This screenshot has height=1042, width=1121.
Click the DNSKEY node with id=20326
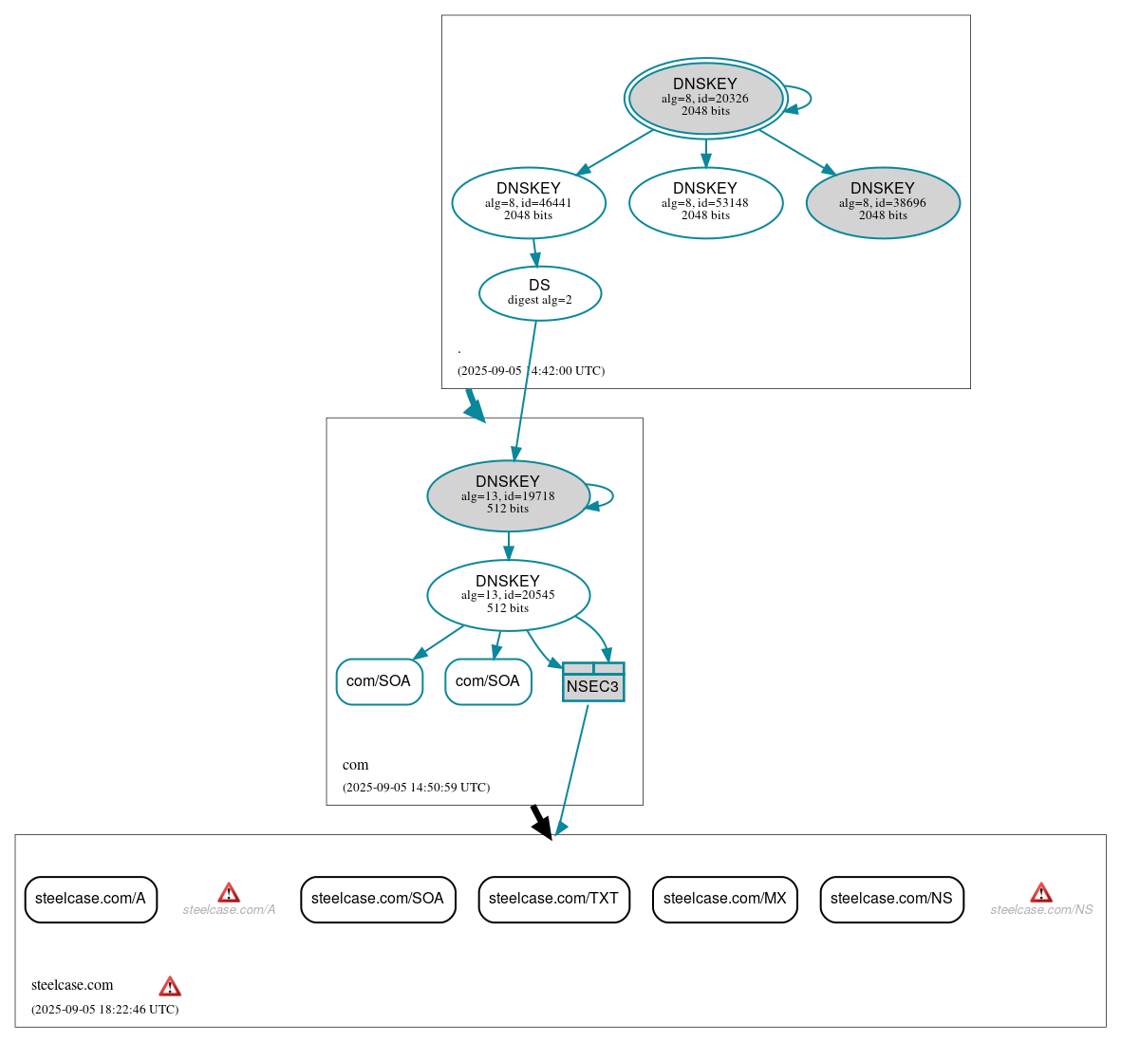click(x=705, y=98)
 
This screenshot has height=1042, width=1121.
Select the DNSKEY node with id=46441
click(x=529, y=202)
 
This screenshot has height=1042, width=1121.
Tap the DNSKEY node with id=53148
click(x=705, y=202)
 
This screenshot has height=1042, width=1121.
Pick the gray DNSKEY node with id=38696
click(x=883, y=202)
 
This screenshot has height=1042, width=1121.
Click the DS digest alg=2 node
click(x=539, y=293)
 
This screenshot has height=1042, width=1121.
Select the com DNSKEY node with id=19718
click(x=508, y=495)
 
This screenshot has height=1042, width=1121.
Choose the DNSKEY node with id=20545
click(x=508, y=595)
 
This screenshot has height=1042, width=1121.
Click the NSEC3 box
click(x=592, y=682)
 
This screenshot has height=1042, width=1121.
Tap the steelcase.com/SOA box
click(x=378, y=899)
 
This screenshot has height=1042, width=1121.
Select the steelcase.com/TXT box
click(x=553, y=899)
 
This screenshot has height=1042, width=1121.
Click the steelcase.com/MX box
click(x=724, y=899)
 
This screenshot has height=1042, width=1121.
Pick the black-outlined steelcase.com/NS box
click(x=891, y=899)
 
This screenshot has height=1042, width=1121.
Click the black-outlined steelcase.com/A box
click(x=90, y=899)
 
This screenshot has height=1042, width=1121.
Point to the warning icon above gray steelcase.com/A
click(x=229, y=892)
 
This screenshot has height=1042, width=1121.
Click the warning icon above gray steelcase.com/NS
click(x=1041, y=892)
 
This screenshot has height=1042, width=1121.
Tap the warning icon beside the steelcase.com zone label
click(x=170, y=986)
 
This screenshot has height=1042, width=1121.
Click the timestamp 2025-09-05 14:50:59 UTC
click(x=416, y=788)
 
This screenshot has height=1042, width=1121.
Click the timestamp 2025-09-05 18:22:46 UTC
click(x=104, y=1010)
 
